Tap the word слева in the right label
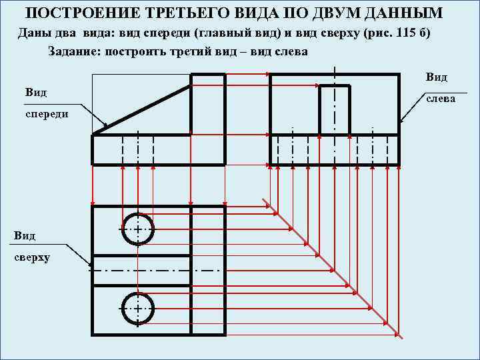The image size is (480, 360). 441,98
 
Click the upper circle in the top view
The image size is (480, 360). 137,229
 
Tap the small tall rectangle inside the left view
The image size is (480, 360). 334,110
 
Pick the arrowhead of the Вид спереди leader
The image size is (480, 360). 106,126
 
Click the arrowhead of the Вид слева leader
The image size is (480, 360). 402,121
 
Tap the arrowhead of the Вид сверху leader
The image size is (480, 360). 91,266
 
